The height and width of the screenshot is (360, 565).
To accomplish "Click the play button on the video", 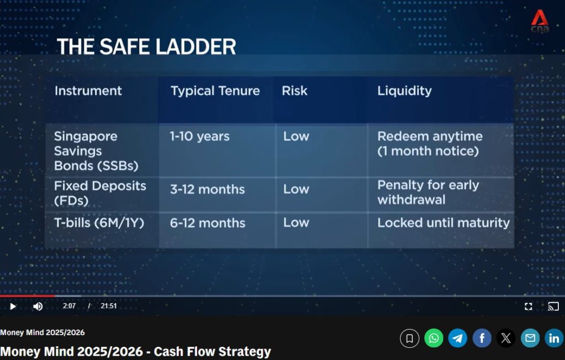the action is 13,306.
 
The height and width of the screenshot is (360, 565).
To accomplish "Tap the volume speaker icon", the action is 38,306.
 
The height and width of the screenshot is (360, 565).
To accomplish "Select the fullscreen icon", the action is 528,306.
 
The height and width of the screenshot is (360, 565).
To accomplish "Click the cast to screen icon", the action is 553,306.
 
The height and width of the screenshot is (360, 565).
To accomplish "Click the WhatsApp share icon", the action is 434,338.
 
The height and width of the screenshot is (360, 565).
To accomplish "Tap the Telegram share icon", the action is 457,338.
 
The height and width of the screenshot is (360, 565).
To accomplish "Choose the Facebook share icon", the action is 482,338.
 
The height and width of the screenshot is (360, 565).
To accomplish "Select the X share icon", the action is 506,338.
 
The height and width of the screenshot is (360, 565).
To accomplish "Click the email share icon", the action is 530,338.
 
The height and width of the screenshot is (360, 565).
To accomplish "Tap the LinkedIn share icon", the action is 554,338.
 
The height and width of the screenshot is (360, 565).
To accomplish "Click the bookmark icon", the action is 409,338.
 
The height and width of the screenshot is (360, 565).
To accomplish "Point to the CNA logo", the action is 540,22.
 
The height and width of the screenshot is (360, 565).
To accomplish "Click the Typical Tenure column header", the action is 215,91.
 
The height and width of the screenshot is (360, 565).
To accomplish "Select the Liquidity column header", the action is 404,91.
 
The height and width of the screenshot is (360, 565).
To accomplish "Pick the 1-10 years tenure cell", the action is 200,136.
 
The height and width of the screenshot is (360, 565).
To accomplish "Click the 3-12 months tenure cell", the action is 207,189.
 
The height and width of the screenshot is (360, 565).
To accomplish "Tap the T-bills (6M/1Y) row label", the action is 99,223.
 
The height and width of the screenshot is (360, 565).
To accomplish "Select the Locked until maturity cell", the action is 444,223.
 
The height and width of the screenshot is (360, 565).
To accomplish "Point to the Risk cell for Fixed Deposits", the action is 296,189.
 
